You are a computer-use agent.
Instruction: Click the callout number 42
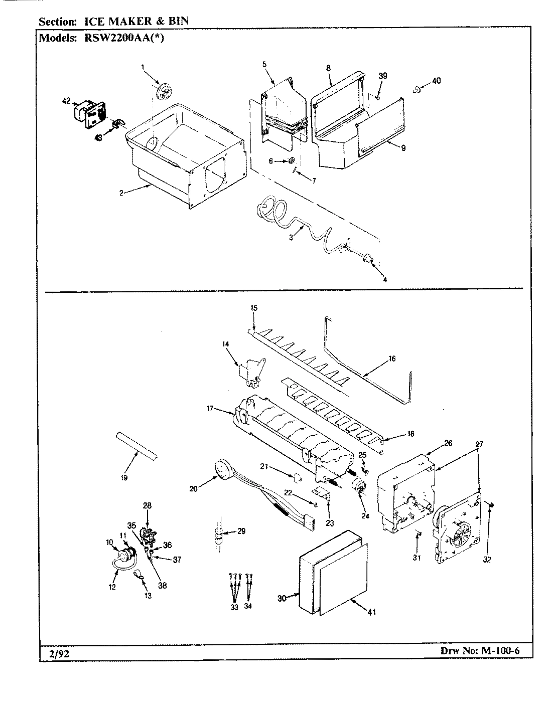pyautogui.click(x=66, y=101)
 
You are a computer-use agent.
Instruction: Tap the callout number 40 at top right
pyautogui.click(x=436, y=81)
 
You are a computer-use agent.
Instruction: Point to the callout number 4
pyautogui.click(x=384, y=280)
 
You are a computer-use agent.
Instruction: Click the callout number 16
pyautogui.click(x=392, y=358)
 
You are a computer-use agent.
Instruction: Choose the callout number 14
pyautogui.click(x=225, y=343)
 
